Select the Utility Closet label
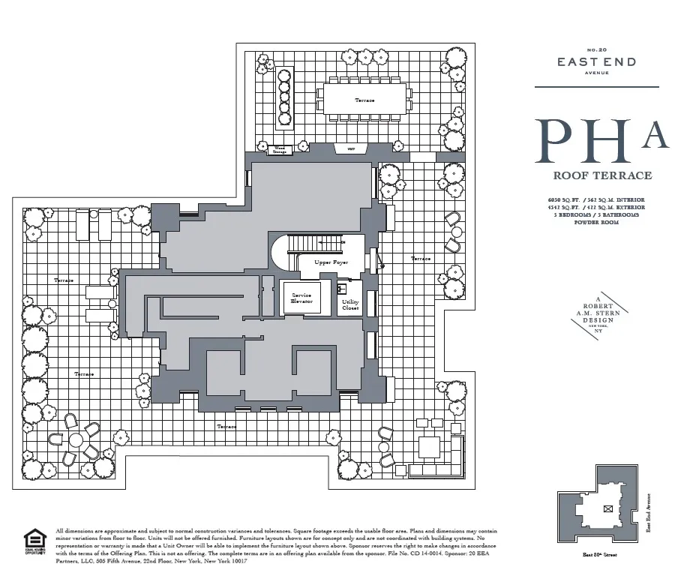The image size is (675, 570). coord(350,304)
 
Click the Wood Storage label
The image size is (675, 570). coord(280,150)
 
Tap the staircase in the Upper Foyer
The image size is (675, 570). coord(315,244)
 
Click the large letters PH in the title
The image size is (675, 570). coord(581,141)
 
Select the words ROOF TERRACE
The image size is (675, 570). coord(602,176)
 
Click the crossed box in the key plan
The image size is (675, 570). coord(607,508)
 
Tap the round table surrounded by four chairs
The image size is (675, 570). coord(76,442)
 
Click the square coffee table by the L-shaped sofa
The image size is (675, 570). coord(429,447)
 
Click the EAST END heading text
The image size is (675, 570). coord(596,62)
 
